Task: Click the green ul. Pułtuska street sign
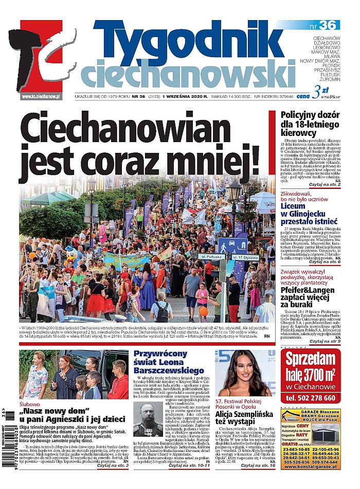[x=210, y=256]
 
